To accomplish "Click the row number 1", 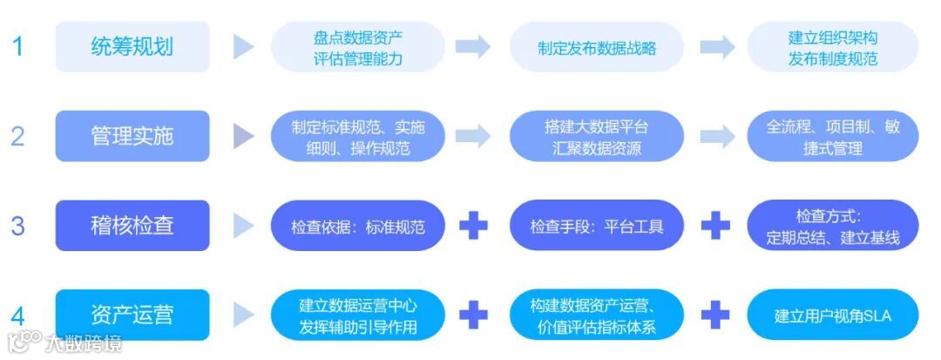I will [18, 46].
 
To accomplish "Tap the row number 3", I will [18, 226].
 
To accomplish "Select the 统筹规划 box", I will [132, 47].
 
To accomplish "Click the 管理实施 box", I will [132, 136].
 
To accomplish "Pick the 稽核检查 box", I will [132, 226].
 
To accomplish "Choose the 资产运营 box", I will [132, 315].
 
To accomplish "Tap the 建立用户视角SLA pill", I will [833, 316].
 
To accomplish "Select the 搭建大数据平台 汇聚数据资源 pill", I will [597, 137].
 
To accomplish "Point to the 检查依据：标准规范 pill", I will [358, 227].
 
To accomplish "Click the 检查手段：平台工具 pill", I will [597, 227].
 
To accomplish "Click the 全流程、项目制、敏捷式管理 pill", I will [833, 137].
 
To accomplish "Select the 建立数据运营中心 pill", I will [358, 316].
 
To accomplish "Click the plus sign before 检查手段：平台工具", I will [473, 226].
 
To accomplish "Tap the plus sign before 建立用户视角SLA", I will [715, 315].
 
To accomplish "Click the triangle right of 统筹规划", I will [244, 47].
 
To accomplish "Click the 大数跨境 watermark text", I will [85, 343].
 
